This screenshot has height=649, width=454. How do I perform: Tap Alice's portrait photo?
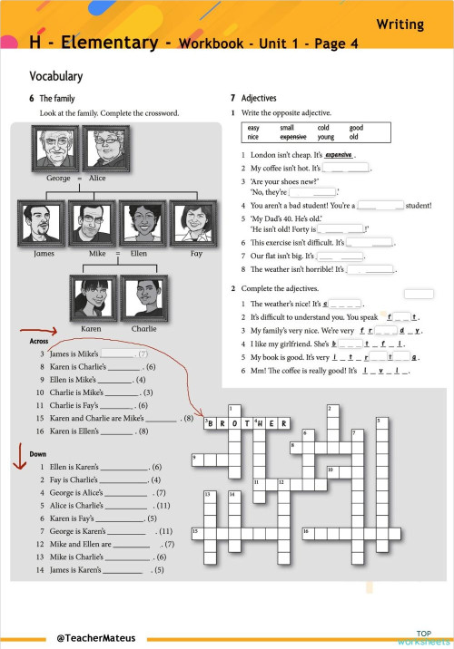[x=107, y=148]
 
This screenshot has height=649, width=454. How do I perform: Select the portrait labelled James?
[x=43, y=223]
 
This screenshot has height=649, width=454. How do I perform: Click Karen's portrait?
[x=91, y=299]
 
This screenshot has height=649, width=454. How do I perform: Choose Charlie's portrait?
[x=144, y=299]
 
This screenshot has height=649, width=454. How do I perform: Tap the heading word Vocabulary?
[x=55, y=77]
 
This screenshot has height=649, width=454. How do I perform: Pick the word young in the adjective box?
[x=326, y=138]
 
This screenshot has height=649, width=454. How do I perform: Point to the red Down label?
[x=37, y=453]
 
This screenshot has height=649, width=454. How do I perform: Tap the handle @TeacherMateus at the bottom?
[x=95, y=638]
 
